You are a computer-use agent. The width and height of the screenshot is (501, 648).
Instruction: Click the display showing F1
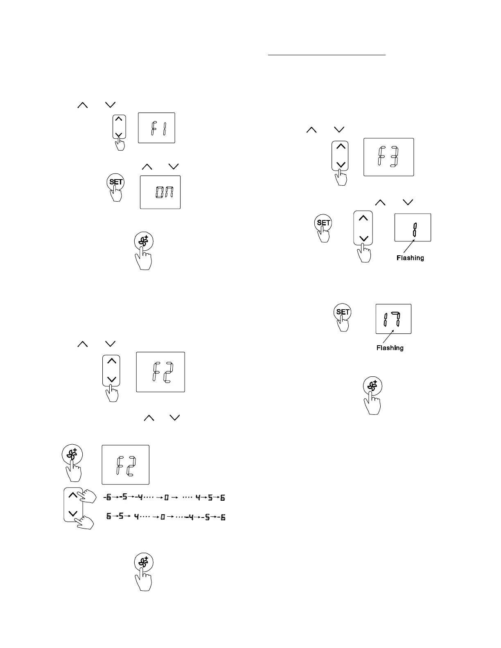[x=156, y=128]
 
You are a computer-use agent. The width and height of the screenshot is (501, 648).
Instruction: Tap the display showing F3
[x=388, y=157]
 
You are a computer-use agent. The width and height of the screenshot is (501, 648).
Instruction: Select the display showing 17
[x=393, y=319]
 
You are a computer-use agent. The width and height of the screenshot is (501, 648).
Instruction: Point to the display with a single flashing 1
[x=413, y=227]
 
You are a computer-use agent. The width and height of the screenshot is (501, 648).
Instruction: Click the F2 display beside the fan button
[x=125, y=464]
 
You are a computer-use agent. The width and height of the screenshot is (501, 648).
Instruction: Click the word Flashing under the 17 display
[x=390, y=348]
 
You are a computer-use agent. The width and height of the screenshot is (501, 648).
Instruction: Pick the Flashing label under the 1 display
[x=410, y=258]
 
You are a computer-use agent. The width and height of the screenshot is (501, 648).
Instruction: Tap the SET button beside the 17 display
[x=342, y=312]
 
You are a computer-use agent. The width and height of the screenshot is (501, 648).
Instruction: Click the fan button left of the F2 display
[x=72, y=454]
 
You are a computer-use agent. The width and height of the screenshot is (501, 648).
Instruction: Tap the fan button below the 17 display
[x=372, y=386]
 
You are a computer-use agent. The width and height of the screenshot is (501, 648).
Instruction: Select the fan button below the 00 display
[x=144, y=241]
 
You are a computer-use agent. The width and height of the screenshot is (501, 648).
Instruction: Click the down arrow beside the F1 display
[x=119, y=135]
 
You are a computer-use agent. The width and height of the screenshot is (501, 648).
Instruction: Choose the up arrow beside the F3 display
[x=340, y=147]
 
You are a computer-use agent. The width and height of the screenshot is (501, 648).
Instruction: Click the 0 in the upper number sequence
[x=167, y=498]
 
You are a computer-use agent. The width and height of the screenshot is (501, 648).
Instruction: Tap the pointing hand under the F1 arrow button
[x=120, y=144]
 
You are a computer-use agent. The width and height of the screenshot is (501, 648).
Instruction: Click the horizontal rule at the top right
[x=327, y=54]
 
